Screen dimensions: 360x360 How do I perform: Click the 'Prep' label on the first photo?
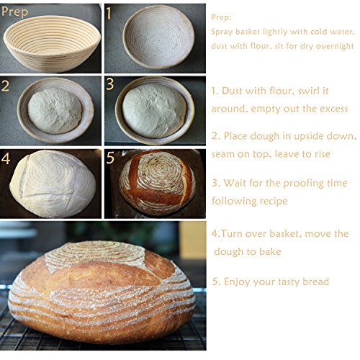point(15,12)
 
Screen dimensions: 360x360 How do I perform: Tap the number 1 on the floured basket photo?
point(109,13)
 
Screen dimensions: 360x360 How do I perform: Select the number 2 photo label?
point(5,86)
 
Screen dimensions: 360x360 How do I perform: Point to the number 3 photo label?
point(109,84)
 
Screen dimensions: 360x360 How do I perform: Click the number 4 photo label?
point(6,159)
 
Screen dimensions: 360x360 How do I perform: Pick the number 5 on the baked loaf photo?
point(110,158)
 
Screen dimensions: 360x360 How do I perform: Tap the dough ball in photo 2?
point(55,110)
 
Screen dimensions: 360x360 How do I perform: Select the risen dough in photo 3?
point(154,111)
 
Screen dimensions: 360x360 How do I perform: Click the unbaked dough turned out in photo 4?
point(53,184)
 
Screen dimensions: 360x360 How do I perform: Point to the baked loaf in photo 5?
point(157,182)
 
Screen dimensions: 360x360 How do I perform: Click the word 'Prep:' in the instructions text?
point(221,18)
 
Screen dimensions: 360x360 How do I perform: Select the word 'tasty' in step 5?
point(285,282)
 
